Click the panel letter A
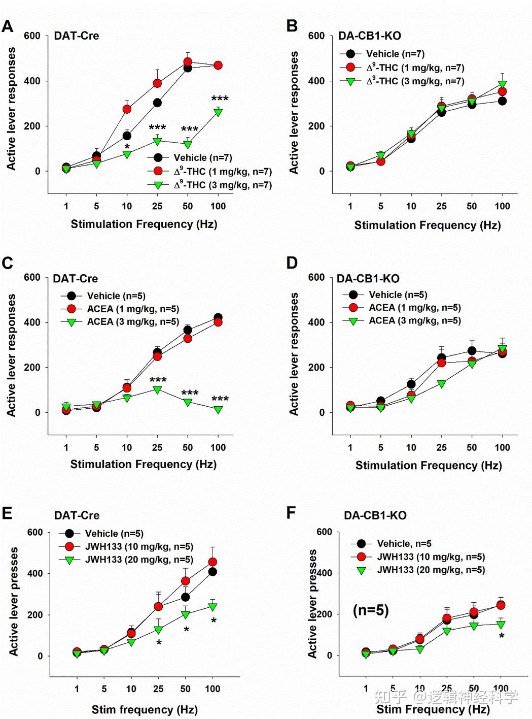pos(8,26)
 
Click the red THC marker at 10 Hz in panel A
pos(127,109)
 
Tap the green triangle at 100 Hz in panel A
pos(218,112)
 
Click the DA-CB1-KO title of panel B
pos(369,36)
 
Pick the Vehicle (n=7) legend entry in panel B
pos(395,54)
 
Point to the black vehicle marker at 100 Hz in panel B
pos(502,101)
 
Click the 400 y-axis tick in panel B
pos(316,81)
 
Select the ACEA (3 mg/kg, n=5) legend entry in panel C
pos(132,322)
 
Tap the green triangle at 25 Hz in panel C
pos(157,390)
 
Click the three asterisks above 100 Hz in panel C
pos(220,399)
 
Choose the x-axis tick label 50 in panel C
pos(188,447)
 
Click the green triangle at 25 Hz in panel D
pos(441,384)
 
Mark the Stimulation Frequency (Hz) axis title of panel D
pos(429,466)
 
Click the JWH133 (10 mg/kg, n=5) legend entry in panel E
pos(138,546)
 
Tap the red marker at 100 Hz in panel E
pos(212,562)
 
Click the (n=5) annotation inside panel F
pos(370,610)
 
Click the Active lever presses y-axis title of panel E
pos(14,601)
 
